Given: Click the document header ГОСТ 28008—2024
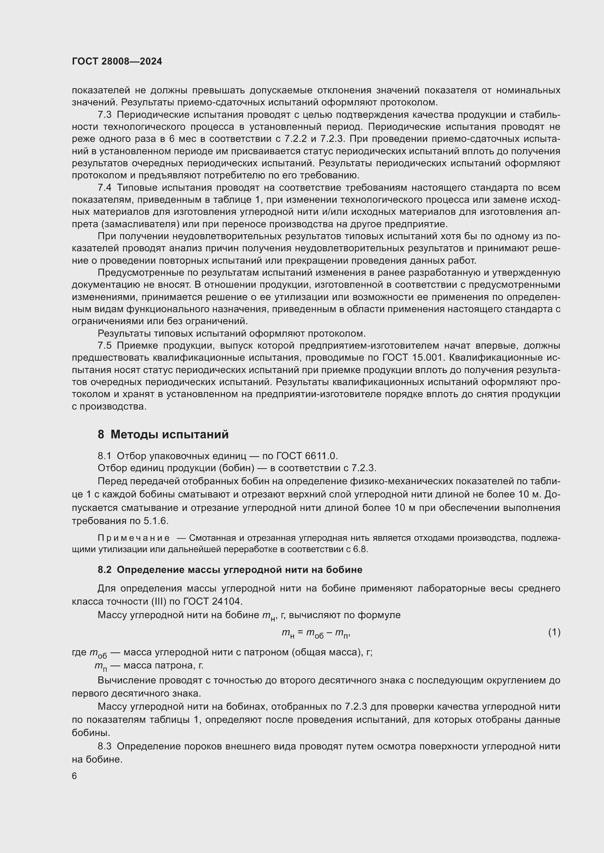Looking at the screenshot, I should tap(117, 62).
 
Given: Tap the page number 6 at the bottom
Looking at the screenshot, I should tap(74, 776).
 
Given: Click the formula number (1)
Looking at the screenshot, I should tap(554, 632).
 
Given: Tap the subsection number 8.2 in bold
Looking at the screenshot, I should tap(104, 570).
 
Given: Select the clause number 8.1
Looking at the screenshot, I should tap(104, 456).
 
